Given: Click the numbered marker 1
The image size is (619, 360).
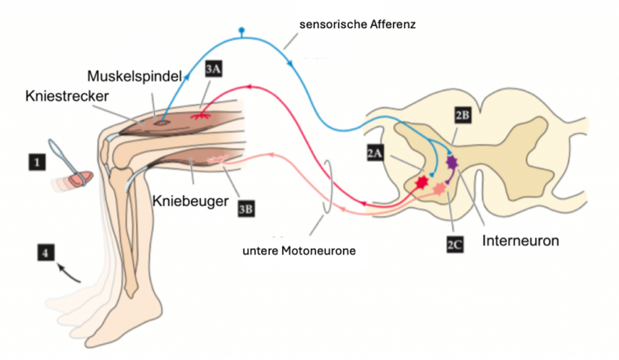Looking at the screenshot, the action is [37, 162].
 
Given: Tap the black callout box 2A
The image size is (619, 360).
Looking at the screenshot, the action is [375, 152].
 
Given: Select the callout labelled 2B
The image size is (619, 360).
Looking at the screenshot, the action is [463, 115].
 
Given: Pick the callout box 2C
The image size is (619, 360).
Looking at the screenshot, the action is [455, 245].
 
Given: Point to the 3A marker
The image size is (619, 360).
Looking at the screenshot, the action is [213, 69].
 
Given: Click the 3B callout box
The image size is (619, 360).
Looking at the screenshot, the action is [246, 209].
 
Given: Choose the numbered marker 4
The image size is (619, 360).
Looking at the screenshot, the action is [46, 252].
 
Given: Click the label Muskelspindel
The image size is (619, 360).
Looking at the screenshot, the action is [135, 77].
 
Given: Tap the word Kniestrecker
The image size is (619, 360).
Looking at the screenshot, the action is [67, 96].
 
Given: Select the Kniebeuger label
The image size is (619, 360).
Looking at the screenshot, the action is [190, 201].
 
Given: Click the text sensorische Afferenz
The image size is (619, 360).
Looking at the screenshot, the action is [357, 24].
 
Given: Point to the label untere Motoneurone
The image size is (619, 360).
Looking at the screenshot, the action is [299, 250].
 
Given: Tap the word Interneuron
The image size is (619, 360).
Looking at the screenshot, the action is [521, 241].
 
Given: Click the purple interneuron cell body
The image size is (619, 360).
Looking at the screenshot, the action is [451, 162].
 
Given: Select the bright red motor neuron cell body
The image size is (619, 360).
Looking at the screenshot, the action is [422, 182].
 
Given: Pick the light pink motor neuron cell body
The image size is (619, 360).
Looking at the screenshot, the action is [439, 189].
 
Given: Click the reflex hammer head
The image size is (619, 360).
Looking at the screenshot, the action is [80, 179].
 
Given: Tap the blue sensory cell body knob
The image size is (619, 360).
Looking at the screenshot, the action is [242, 30].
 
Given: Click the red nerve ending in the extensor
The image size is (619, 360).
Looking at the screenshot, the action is [201, 116].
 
